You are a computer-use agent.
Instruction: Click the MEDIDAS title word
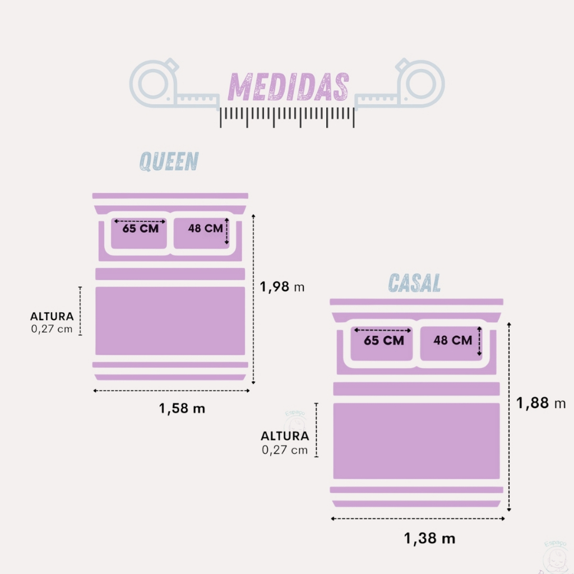click(288, 87)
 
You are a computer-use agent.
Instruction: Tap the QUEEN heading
click(169, 161)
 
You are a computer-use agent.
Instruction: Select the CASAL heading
click(415, 283)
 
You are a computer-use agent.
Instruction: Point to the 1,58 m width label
click(182, 408)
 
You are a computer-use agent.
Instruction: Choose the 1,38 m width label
click(430, 539)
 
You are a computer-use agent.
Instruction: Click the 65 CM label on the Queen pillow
click(140, 229)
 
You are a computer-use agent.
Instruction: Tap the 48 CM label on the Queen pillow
click(205, 229)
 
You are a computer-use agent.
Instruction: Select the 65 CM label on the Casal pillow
click(384, 340)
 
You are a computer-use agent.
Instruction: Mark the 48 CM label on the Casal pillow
click(452, 340)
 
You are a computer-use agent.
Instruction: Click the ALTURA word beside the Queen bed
click(52, 317)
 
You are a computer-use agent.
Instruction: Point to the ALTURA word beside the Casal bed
click(285, 436)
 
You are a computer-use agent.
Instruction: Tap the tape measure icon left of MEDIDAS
click(168, 84)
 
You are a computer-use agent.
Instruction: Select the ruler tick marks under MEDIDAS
click(288, 115)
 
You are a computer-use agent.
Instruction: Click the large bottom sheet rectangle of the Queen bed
click(170, 321)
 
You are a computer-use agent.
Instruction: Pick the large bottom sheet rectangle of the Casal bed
click(416, 441)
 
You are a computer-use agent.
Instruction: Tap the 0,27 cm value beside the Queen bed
click(52, 329)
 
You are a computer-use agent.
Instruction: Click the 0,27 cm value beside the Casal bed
click(285, 450)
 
